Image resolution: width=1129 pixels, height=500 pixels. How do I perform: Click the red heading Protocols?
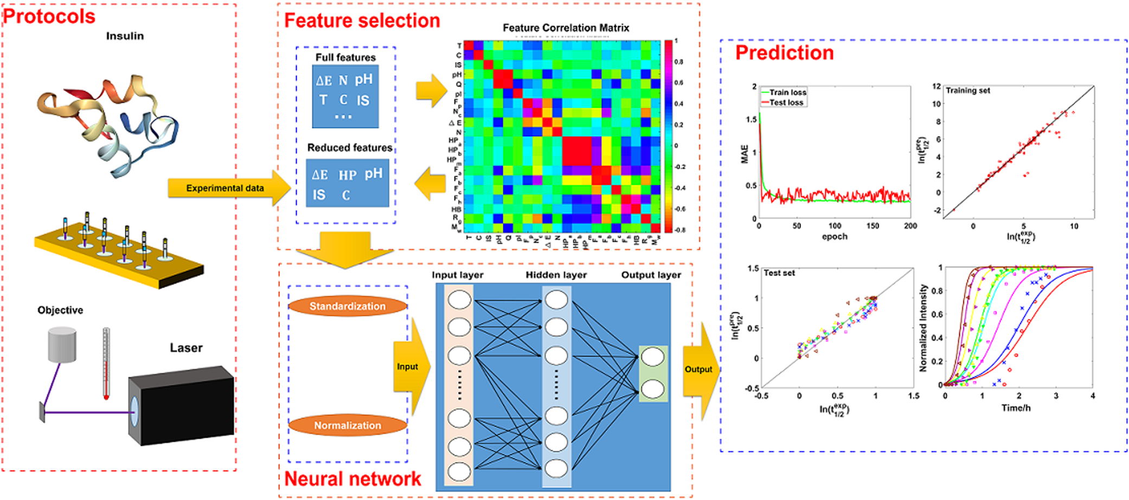(x=49, y=16)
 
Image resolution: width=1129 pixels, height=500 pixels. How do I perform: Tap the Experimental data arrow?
(x=225, y=188)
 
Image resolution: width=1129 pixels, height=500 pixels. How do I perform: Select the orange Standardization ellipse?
(x=348, y=306)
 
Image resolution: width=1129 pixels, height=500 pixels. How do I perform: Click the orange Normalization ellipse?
(x=348, y=425)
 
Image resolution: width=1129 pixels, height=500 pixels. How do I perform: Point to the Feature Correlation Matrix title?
(x=566, y=28)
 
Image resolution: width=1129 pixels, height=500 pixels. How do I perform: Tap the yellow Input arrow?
(x=410, y=367)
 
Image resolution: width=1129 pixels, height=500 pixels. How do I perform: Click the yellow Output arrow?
(x=700, y=369)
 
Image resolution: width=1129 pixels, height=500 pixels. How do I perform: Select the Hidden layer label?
(x=556, y=275)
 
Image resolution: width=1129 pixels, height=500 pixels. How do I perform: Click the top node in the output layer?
(x=652, y=358)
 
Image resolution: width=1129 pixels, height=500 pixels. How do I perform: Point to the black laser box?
(x=182, y=406)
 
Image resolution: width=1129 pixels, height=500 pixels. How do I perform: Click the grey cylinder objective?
(x=62, y=345)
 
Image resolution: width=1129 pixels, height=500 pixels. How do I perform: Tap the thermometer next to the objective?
(x=106, y=363)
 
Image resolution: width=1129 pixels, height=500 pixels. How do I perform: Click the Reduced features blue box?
(x=348, y=183)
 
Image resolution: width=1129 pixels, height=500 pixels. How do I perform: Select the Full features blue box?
(x=345, y=96)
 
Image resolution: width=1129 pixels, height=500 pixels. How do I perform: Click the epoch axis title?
(x=834, y=236)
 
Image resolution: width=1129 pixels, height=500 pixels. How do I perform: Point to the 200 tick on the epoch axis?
(x=910, y=226)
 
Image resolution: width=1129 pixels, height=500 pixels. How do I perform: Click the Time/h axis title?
(x=1016, y=407)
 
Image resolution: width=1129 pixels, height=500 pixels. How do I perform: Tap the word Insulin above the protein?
(x=125, y=36)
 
